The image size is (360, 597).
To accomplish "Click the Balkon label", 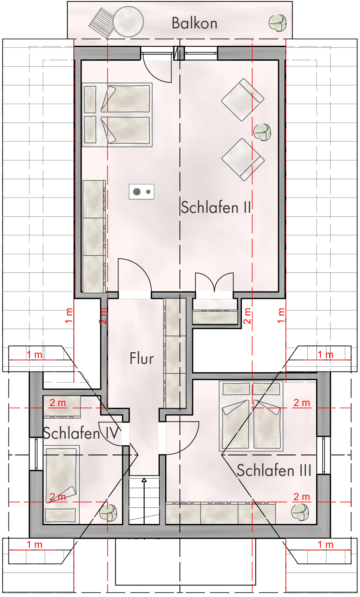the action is click(x=194, y=23).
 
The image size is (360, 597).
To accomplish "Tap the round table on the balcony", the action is click(x=129, y=21).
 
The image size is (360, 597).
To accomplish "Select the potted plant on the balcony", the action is click(x=277, y=23).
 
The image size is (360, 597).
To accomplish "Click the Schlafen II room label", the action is click(x=216, y=207).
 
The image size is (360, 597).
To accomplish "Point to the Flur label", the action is click(x=142, y=358).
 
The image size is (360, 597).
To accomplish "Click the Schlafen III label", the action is click(x=274, y=470).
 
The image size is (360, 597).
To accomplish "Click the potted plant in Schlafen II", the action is click(x=262, y=132).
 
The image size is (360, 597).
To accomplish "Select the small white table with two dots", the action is click(x=142, y=192).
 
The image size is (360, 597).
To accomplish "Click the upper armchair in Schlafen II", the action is click(x=242, y=100).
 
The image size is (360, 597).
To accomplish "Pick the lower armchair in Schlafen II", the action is click(x=243, y=159).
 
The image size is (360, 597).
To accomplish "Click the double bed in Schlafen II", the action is click(x=117, y=114).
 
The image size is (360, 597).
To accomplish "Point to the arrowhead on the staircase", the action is click(x=144, y=480).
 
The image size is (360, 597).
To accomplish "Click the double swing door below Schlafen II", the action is click(x=215, y=282).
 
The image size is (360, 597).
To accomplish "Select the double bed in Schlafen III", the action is click(x=251, y=416).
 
